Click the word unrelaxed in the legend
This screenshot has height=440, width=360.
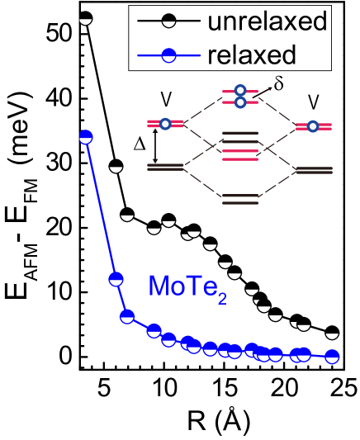(268, 22)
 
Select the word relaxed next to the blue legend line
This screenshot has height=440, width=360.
(252, 55)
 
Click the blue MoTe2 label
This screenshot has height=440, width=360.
(187, 286)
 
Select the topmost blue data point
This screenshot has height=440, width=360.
(85, 137)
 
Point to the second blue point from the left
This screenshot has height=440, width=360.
(116, 278)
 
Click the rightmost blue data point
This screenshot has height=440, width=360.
(332, 357)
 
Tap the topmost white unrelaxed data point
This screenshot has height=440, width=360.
(85, 20)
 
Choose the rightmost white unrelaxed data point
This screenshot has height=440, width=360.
(332, 334)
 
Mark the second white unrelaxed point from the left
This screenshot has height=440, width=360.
(116, 168)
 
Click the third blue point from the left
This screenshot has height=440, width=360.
(127, 315)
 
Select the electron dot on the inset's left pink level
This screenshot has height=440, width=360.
(165, 124)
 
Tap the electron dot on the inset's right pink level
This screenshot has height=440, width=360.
(313, 126)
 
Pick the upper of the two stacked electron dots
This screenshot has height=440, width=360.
(240, 90)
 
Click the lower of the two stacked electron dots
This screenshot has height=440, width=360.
(240, 102)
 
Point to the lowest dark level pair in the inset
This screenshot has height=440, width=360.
(240, 198)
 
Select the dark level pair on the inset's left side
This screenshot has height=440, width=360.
(165, 167)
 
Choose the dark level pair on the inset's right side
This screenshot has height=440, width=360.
(314, 170)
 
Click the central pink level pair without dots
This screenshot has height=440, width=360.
(240, 154)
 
